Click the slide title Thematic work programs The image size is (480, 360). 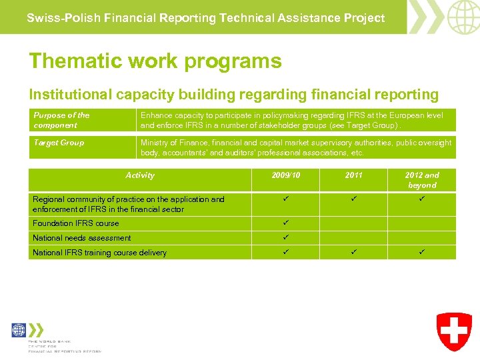[155, 61]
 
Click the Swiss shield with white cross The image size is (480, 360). [454, 331]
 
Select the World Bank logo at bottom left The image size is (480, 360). [19, 330]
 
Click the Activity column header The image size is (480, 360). [140, 175]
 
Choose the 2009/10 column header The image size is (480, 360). [286, 175]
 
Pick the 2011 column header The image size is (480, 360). [353, 175]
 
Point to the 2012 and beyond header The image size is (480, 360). [422, 180]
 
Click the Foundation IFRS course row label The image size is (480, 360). [76, 223]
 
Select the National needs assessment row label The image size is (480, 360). [82, 238]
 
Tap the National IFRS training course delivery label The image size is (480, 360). [100, 253]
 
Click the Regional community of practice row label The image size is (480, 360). [129, 204]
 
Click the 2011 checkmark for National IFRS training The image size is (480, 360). [353, 252]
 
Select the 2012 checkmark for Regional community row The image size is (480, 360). [422, 199]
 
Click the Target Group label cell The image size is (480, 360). [59, 143]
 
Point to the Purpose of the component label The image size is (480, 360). [61, 120]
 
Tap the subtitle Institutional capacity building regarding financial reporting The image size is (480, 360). [233, 95]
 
